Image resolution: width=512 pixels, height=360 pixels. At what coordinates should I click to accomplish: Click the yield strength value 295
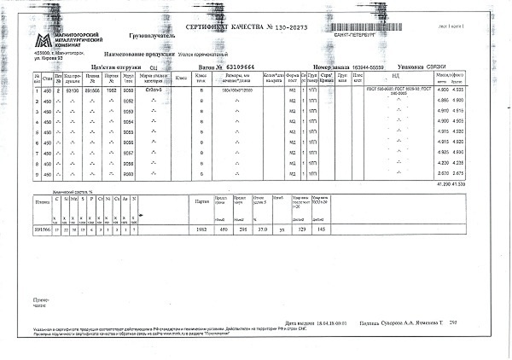coord(244,229)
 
